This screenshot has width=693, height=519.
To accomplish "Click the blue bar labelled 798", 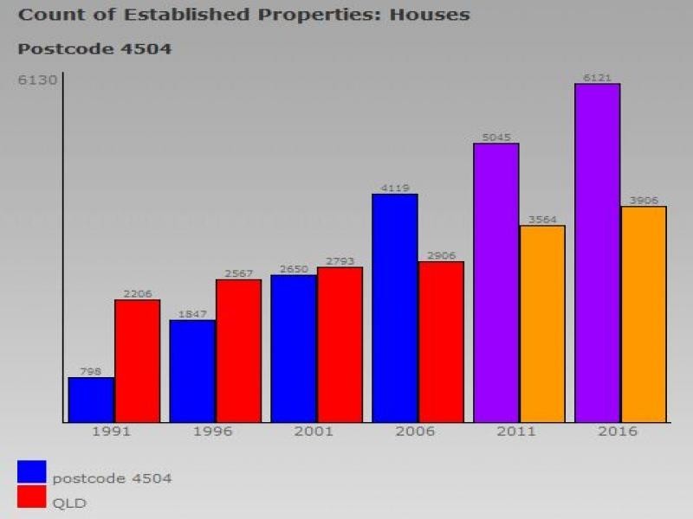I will click(x=91, y=400).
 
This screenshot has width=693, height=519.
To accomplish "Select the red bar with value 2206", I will click(x=138, y=361).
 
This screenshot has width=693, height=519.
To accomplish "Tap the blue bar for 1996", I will click(x=192, y=371).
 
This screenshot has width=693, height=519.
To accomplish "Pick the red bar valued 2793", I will click(x=340, y=344).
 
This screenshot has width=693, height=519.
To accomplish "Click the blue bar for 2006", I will click(x=395, y=308).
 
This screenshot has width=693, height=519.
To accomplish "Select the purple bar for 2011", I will click(x=496, y=283).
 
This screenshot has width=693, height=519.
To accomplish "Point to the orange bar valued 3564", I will click(x=542, y=324).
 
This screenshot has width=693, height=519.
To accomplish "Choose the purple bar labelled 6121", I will click(x=598, y=253).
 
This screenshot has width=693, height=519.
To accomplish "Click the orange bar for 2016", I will click(x=644, y=314).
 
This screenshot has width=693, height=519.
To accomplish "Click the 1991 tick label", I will click(x=112, y=432).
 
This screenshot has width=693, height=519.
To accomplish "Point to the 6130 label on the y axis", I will click(x=38, y=80).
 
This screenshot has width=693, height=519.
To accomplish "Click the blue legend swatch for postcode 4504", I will click(x=31, y=471).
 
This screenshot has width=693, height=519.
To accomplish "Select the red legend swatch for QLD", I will click(x=31, y=497).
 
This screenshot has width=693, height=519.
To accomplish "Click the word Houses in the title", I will click(x=428, y=15).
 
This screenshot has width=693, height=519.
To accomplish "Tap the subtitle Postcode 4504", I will click(x=94, y=48).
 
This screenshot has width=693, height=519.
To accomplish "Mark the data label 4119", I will click(x=395, y=188).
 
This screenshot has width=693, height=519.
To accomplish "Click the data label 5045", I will click(x=496, y=137).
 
